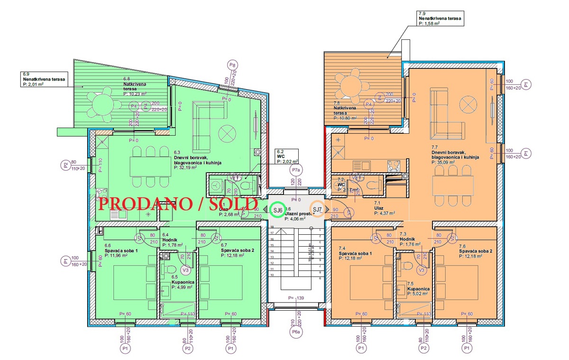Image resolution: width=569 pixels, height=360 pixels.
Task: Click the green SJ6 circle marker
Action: coord(277,210)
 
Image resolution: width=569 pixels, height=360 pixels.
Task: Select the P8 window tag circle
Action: coord(232,65)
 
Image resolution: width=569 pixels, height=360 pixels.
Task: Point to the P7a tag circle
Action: coord(296,169)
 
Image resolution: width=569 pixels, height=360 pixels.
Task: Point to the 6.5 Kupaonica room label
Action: coord(181,282)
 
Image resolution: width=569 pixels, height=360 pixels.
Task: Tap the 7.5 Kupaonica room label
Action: coord(418,286)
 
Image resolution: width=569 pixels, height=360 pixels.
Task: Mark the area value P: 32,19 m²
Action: coord(190,167)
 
